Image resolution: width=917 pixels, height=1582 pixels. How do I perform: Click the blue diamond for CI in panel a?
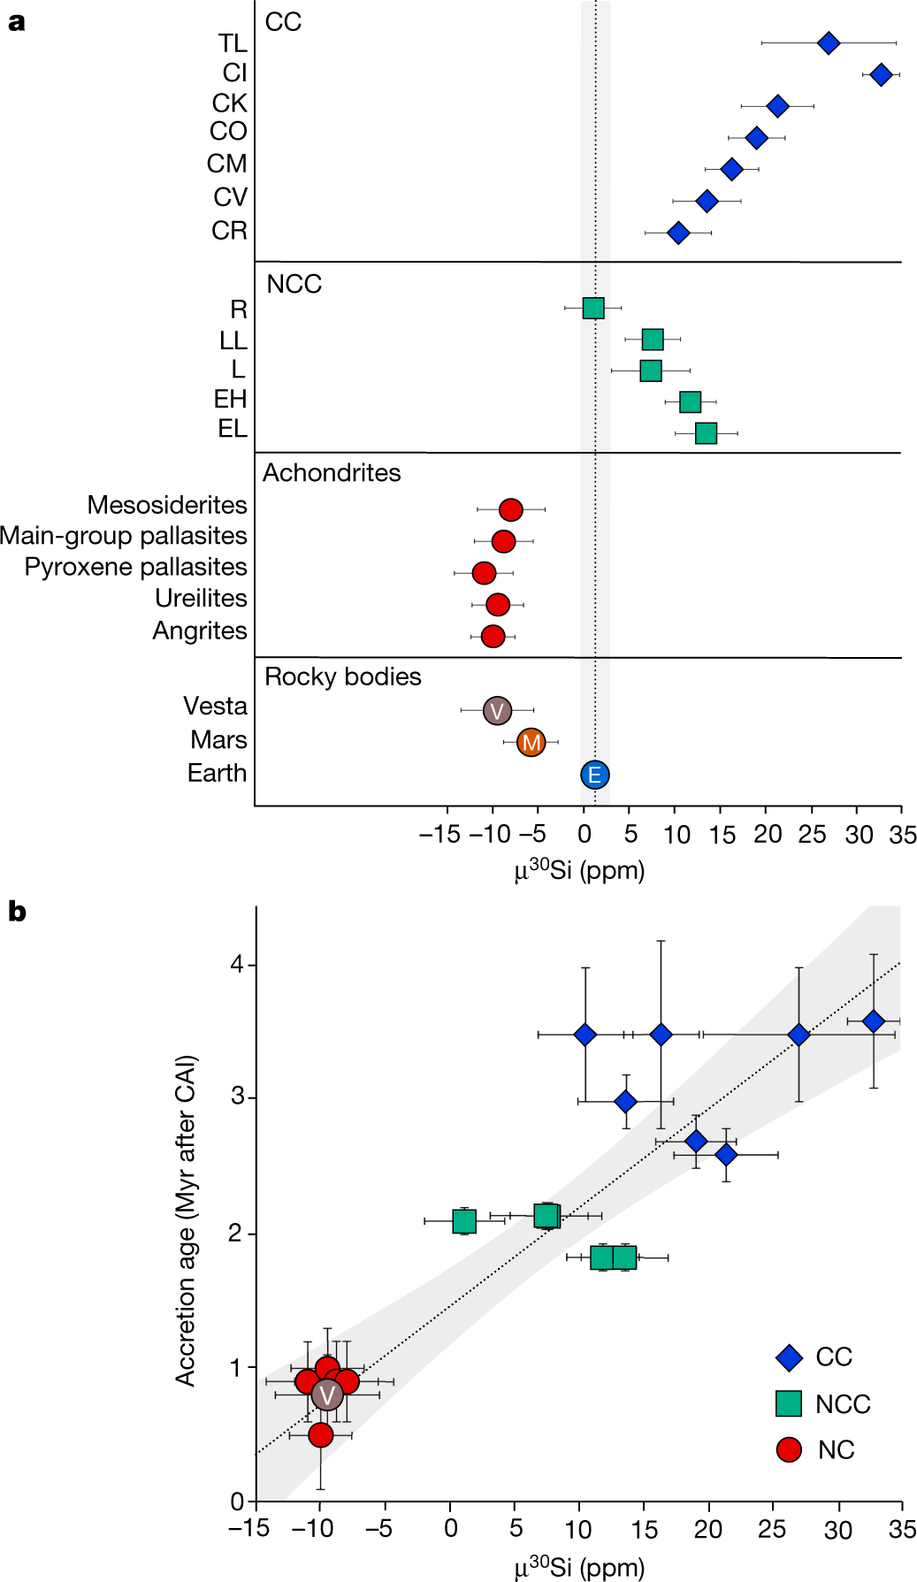[880, 74]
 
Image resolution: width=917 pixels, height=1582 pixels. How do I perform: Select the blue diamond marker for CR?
[678, 233]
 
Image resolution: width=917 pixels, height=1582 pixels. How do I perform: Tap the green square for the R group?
[593, 308]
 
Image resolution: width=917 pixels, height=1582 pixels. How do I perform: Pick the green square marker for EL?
[706, 433]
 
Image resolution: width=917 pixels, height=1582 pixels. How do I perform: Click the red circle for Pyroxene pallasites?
[484, 573]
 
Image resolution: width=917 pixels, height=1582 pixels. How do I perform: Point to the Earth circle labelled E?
[595, 775]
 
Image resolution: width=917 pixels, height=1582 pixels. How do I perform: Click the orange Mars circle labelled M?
[531, 742]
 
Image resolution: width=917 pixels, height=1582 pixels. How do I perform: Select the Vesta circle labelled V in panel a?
[497, 710]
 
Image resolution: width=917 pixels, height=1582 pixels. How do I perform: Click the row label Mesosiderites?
[167, 505]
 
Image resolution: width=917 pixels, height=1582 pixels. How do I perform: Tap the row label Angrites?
[200, 631]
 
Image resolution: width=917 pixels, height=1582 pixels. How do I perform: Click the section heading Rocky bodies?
[342, 676]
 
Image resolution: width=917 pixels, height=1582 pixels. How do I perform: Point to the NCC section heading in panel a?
[294, 284]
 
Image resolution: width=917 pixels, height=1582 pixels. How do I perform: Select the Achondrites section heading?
[332, 473]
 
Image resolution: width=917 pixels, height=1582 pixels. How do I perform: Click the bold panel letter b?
[16, 912]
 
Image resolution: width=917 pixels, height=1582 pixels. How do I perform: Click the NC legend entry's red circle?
[788, 1449]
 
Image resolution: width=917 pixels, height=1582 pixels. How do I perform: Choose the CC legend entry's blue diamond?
[788, 1357]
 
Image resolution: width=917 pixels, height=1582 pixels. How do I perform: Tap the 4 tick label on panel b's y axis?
[236, 964]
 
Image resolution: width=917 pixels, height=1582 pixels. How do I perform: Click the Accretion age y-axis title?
[185, 1220]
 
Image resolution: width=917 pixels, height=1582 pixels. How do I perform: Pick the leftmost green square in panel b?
[464, 1221]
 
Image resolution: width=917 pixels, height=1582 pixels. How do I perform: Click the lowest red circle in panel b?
[320, 1434]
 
